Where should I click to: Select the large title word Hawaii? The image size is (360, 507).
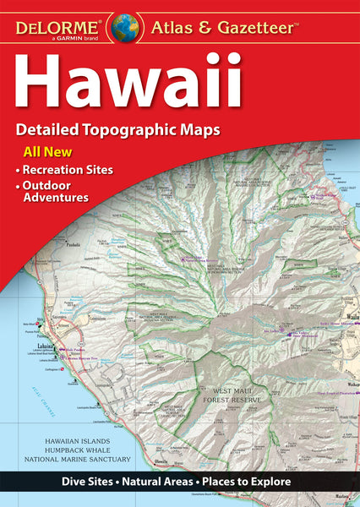[132, 79]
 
